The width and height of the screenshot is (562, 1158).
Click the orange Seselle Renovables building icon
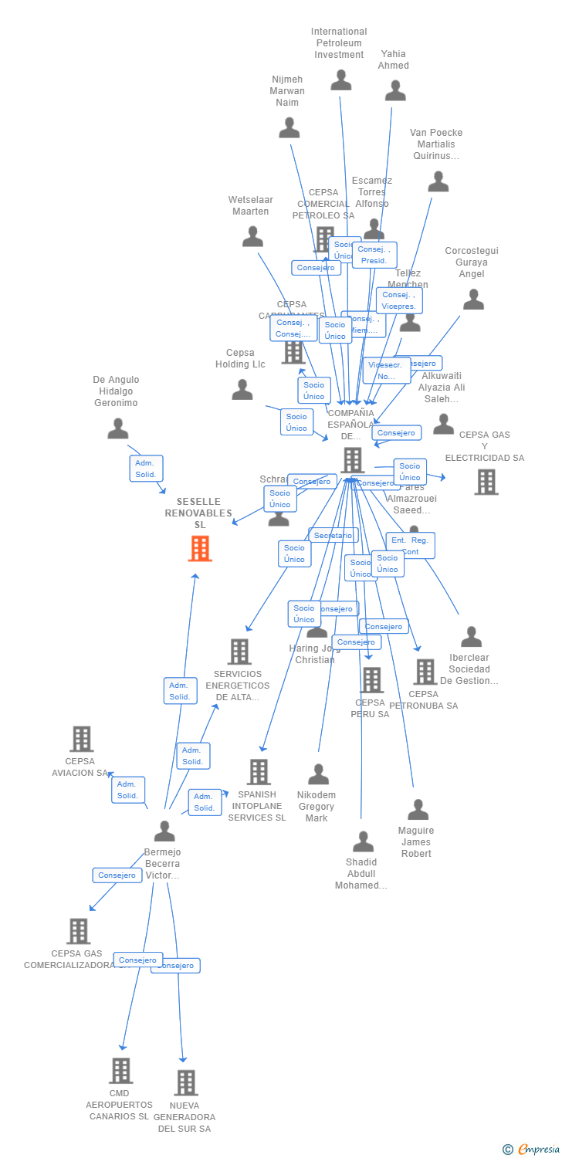click(200, 548)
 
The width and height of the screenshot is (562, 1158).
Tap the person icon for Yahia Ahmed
click(395, 91)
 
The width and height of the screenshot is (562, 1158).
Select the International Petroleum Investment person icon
click(340, 80)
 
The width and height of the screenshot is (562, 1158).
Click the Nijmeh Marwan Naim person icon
click(289, 128)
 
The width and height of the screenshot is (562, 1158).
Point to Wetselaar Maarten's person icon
click(252, 237)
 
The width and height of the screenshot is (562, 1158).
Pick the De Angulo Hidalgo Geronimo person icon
click(118, 428)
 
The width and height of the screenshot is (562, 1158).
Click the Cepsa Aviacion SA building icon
click(81, 739)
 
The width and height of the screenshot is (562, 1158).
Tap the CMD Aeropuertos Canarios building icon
click(120, 1071)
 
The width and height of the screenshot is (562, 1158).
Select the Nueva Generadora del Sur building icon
click(185, 1082)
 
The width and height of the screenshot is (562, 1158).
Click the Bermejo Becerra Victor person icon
click(164, 831)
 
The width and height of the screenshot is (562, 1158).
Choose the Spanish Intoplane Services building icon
click(259, 771)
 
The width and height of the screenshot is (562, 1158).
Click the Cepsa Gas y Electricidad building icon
click(486, 482)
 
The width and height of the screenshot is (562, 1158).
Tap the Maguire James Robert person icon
click(418, 810)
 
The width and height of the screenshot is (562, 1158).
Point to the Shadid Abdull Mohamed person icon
click(363, 841)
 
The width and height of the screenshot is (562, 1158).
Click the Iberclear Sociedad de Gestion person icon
click(471, 637)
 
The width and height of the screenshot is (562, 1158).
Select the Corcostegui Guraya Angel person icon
click(473, 300)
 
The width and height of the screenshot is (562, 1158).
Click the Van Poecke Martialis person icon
click(438, 182)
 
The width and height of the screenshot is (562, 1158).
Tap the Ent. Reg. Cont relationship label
click(410, 545)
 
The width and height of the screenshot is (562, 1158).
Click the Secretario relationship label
click(333, 535)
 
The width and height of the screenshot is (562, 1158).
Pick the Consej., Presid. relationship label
click(374, 255)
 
